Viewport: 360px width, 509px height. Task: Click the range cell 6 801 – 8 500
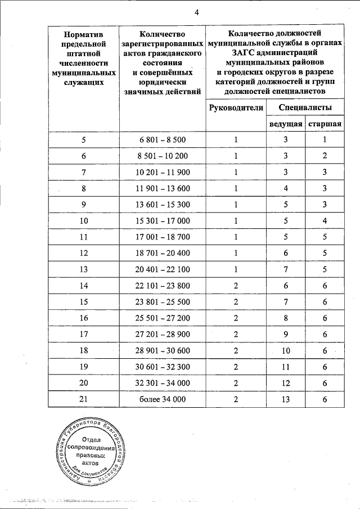[163, 140]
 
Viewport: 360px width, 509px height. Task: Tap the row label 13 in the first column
[84, 269]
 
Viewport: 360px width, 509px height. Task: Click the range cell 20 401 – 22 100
[163, 269]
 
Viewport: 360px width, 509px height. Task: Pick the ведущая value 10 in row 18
[285, 350]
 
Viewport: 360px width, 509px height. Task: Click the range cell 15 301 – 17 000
[163, 220]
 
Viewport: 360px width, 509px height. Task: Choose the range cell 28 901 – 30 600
[163, 350]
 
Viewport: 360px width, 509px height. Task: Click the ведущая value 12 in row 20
[285, 383]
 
